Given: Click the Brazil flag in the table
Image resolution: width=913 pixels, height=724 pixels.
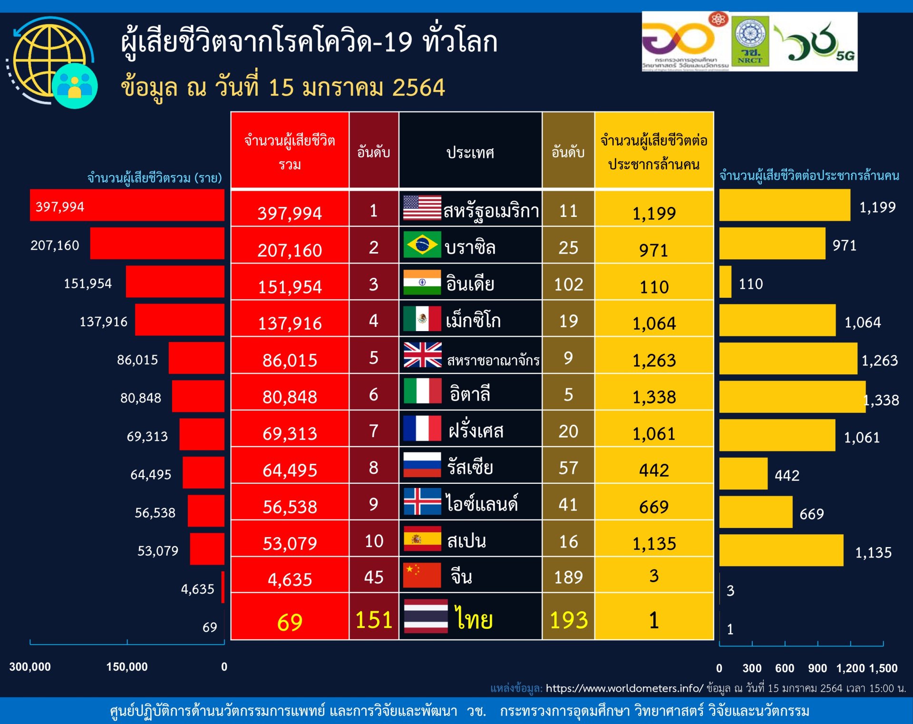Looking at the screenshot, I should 422,245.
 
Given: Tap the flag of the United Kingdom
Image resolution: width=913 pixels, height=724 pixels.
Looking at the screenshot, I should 422,355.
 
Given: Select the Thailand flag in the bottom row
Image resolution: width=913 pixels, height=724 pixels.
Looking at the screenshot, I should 426,616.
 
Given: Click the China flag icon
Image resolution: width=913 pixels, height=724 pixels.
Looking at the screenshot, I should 422,575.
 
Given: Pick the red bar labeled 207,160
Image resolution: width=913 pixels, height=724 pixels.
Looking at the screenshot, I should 157,243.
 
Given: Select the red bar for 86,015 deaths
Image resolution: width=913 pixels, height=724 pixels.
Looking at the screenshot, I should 196,358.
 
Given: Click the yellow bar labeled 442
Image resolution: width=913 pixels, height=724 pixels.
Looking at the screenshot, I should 743,473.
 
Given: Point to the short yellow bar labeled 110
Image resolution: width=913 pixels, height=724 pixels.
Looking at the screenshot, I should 725,282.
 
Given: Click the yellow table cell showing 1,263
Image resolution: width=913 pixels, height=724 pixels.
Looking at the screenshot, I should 654,360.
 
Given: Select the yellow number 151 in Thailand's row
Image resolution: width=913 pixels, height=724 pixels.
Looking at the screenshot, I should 374,619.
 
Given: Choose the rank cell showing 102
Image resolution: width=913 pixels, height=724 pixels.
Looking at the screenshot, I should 568,284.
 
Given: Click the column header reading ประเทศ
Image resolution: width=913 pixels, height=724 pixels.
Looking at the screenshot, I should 470,152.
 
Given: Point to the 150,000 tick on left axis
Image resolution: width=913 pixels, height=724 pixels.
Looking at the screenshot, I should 126,666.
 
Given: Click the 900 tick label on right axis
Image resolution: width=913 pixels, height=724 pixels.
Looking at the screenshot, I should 817,668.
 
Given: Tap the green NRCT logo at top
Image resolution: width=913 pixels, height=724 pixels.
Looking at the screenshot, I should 749,41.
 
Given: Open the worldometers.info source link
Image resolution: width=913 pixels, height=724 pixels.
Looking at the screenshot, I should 624,688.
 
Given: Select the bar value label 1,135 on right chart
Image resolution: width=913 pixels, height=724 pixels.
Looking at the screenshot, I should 873,552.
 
